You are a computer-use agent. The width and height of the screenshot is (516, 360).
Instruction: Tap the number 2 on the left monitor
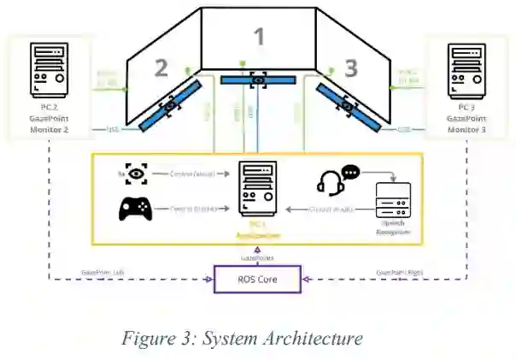[x=161, y=68]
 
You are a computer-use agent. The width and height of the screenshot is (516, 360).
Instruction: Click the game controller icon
[x=135, y=209]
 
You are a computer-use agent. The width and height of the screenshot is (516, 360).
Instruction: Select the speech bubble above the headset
[x=351, y=171]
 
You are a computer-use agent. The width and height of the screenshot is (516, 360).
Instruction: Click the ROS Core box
[x=257, y=280]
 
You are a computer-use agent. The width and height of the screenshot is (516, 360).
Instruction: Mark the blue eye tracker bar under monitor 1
[x=257, y=80]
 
